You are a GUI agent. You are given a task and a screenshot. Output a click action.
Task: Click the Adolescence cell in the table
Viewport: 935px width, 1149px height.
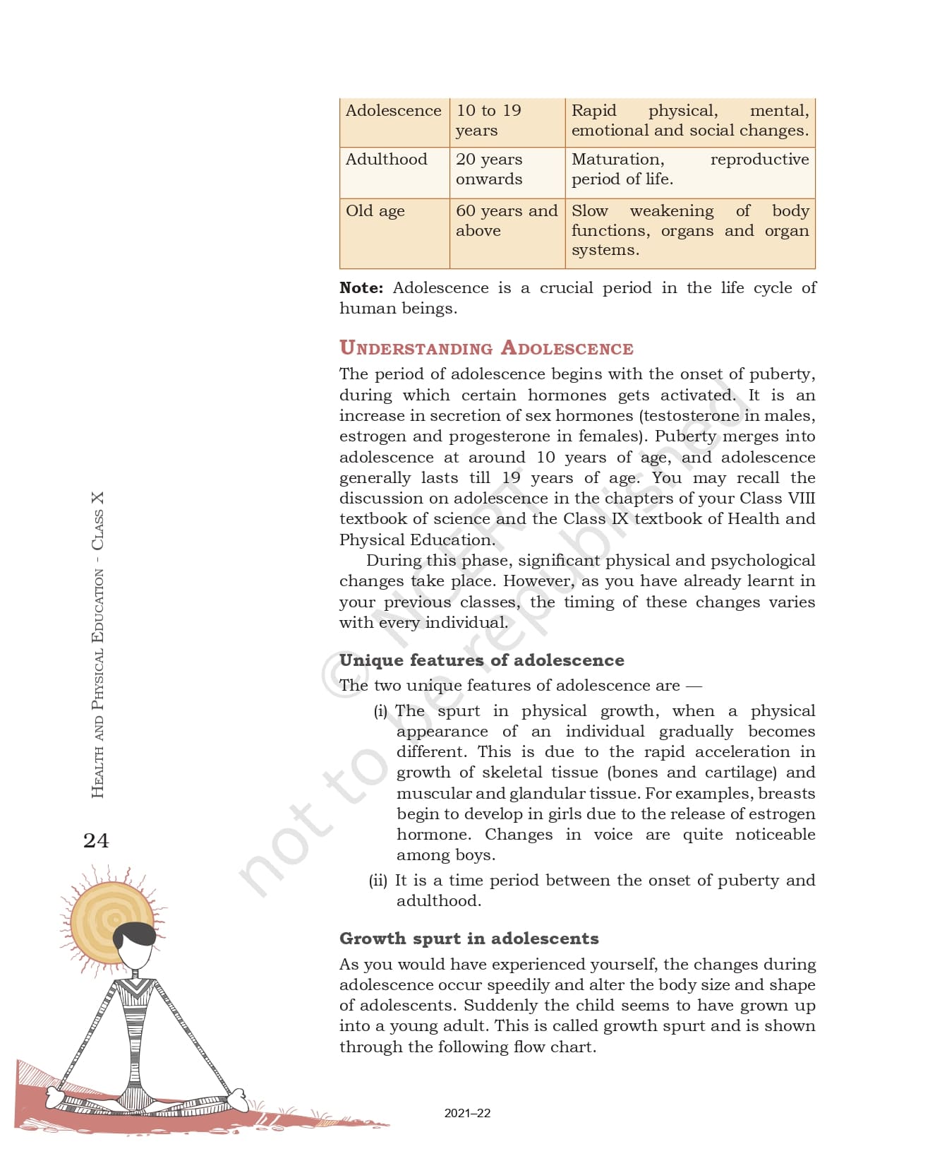pos(393,111)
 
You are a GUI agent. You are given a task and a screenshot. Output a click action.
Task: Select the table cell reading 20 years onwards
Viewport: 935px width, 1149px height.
pos(489,169)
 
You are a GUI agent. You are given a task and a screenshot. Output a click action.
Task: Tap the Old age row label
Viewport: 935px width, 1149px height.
pos(375,211)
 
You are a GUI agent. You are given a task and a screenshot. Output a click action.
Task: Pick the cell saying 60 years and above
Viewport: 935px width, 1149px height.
pos(506,220)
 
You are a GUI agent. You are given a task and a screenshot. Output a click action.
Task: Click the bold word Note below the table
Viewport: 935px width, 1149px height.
pos(361,288)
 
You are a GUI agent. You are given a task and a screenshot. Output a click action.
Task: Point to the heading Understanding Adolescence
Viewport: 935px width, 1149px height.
pos(486,348)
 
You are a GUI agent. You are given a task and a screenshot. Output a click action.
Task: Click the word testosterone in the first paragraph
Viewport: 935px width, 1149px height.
pos(691,416)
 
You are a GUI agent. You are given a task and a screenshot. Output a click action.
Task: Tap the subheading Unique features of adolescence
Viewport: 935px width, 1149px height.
pos(481,660)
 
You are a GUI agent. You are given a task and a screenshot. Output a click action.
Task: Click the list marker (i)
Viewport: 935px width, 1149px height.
pos(380,711)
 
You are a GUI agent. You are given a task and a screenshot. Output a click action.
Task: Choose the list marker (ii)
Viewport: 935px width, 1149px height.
pos(378,881)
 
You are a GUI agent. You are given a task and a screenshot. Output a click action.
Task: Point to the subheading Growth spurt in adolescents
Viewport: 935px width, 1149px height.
pos(469,939)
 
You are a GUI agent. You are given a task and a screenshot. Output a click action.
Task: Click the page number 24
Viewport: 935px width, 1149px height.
pos(96,840)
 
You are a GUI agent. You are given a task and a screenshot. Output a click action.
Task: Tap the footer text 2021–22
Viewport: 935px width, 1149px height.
pos(467,1113)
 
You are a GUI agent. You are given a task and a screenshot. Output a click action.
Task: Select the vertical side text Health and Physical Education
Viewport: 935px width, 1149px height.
pos(97,684)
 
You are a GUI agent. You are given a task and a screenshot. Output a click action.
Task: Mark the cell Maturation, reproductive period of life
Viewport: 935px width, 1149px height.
pos(689,169)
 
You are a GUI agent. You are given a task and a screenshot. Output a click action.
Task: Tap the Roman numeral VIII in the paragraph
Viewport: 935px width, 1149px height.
pos(801,499)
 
